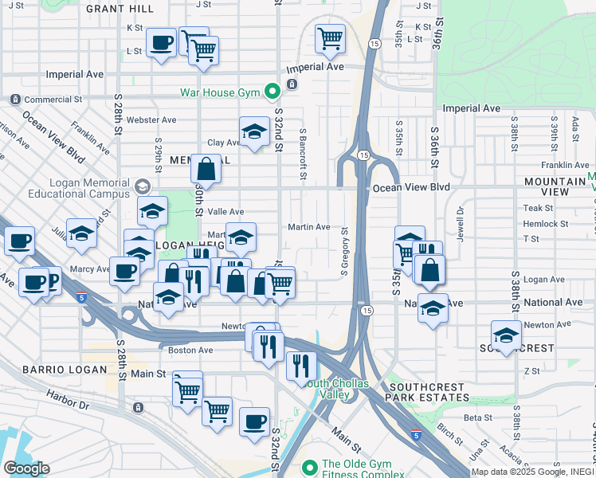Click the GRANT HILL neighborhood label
(120, 9)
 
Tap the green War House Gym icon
(271, 92)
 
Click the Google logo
(26, 468)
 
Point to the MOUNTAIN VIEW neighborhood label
(558, 186)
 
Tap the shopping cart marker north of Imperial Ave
(330, 37)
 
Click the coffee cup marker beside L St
(161, 42)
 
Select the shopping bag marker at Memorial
(206, 169)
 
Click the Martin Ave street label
(309, 227)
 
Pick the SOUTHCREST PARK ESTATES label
(437, 392)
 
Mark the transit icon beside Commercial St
(15, 100)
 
